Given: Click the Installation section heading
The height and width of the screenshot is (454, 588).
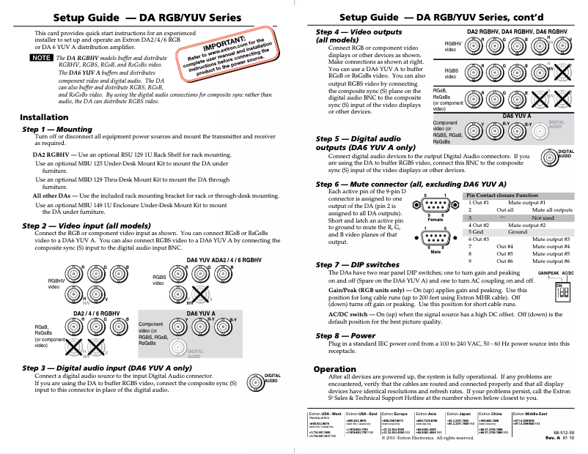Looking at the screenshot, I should pyautogui.click(x=44, y=117).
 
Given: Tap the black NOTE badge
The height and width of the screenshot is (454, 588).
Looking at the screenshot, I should pyautogui.click(x=41, y=57).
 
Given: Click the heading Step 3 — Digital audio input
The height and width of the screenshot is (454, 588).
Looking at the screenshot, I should pyautogui.click(x=107, y=368).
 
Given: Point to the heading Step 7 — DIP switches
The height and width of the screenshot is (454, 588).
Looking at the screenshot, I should pyautogui.click(x=358, y=264).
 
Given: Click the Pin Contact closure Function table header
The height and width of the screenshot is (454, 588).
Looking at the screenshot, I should pyautogui.click(x=503, y=196).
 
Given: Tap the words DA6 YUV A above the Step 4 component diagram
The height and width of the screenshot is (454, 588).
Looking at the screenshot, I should pyautogui.click(x=517, y=116).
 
